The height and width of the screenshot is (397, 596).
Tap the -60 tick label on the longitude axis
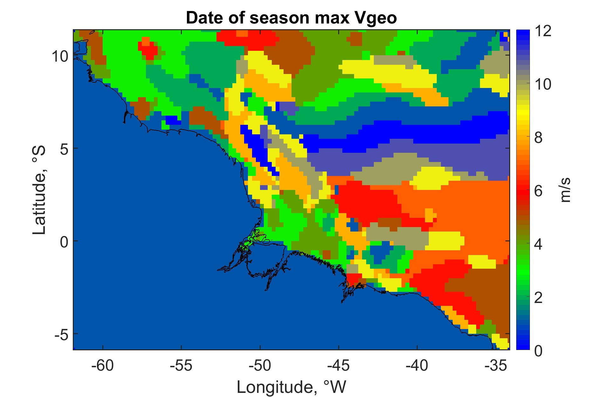click(x=102, y=366)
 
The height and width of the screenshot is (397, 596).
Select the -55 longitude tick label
click(x=181, y=366)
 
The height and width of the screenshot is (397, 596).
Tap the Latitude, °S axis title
click(x=39, y=191)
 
